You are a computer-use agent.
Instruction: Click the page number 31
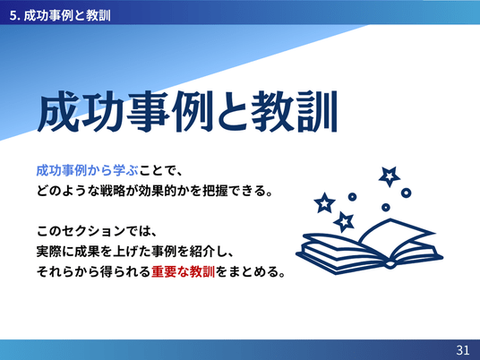tap(463, 349)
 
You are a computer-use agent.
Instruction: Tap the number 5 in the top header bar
tap(13, 15)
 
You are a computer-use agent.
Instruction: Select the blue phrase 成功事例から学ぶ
tap(87, 170)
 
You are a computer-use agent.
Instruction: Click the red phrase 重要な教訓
tap(183, 271)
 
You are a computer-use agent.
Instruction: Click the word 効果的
tap(158, 191)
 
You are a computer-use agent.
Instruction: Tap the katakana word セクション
tap(93, 231)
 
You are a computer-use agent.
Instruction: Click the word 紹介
tap(202, 252)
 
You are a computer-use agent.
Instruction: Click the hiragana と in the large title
tap(232, 112)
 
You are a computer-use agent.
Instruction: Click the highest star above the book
tap(389, 176)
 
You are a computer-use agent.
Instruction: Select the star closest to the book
tap(345, 221)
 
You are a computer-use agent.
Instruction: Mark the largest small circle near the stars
tap(406, 193)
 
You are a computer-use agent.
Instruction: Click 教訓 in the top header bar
tap(98, 15)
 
